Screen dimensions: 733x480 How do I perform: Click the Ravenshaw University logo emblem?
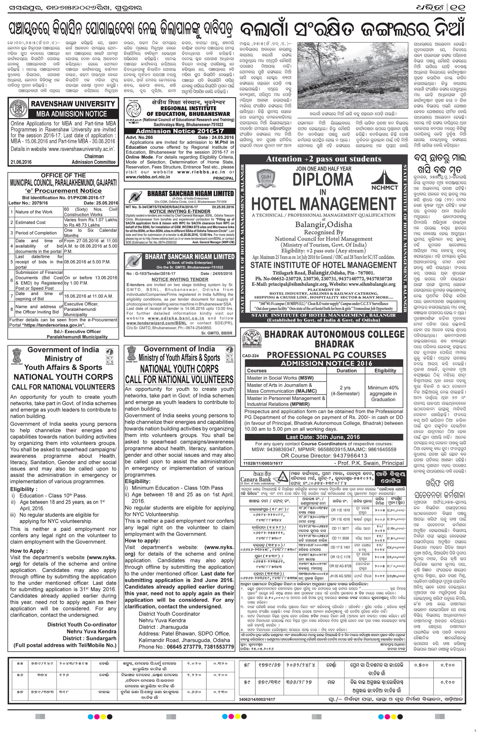click(17, 109)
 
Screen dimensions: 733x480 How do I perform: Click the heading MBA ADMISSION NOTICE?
click(71, 114)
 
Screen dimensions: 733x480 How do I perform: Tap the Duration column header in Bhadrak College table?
click(346, 371)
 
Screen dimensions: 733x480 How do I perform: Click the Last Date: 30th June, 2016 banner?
click(323, 437)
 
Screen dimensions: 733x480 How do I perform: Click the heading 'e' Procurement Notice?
click(63, 191)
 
